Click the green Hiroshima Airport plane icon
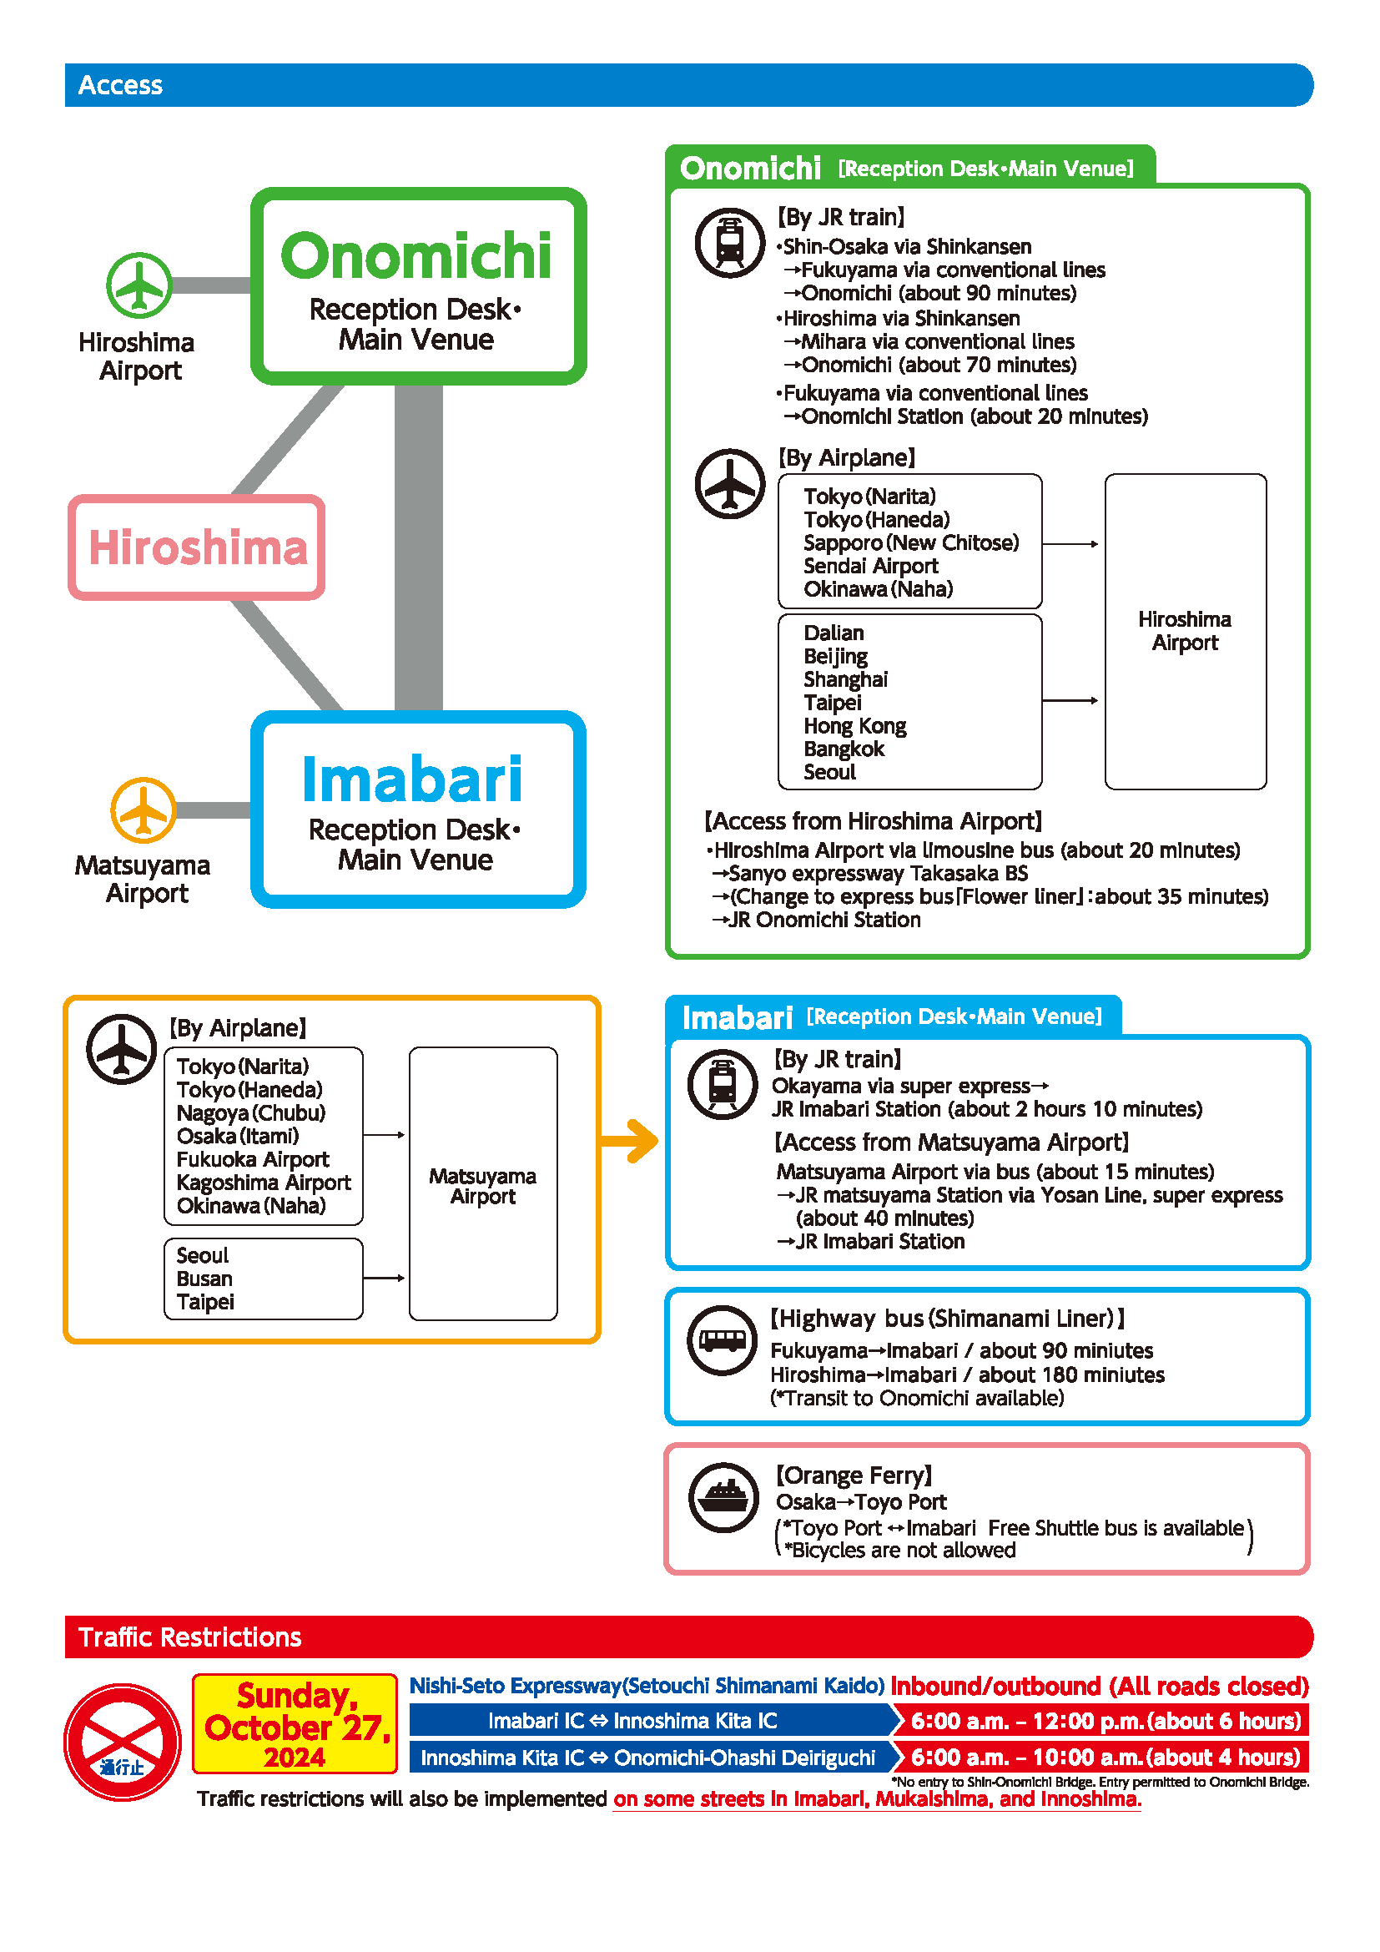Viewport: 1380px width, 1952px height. (x=139, y=285)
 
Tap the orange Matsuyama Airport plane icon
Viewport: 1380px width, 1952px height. (x=144, y=810)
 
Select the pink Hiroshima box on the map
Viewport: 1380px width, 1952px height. (x=197, y=547)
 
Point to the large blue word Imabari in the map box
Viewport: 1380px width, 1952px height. (x=413, y=779)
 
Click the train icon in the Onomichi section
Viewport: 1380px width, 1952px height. (x=730, y=243)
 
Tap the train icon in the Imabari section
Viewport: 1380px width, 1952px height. (x=723, y=1084)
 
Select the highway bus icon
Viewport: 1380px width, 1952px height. (x=723, y=1341)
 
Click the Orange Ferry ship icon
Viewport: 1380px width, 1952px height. (x=724, y=1497)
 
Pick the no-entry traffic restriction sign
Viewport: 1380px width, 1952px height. (x=123, y=1742)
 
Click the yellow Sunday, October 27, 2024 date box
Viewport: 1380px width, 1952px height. (x=295, y=1723)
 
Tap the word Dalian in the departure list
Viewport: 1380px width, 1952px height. (x=834, y=633)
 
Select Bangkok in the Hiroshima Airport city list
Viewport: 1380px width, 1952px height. (x=844, y=749)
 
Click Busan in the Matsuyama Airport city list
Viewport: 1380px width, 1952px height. (x=204, y=1279)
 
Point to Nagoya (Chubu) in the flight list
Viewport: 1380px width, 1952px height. (x=250, y=1113)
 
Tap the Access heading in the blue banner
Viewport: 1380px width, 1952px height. (x=120, y=85)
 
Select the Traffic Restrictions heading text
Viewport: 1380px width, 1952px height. (x=189, y=1637)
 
